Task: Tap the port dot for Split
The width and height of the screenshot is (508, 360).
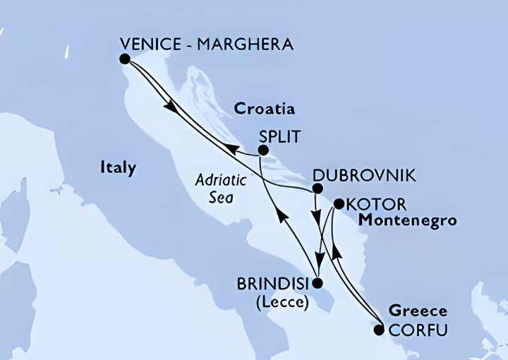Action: tap(263, 150)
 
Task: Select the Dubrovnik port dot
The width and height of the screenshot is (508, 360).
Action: tap(317, 188)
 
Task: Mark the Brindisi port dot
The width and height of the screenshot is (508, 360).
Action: tap(317, 284)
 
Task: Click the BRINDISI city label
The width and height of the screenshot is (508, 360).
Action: tap(277, 285)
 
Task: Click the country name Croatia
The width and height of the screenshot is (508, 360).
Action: tap(264, 109)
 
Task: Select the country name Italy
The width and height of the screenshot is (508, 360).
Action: tap(118, 168)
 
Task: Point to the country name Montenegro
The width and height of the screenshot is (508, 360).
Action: tap(407, 221)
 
